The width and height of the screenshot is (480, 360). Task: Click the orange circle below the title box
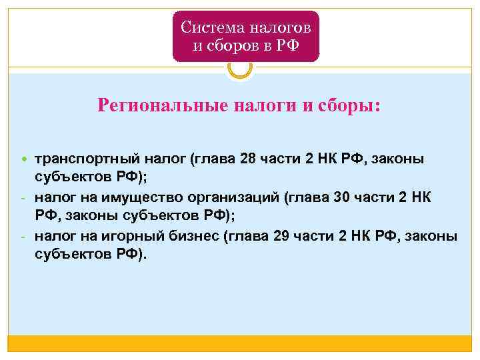[x=239, y=67]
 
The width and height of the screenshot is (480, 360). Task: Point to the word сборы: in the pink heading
[x=351, y=105]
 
